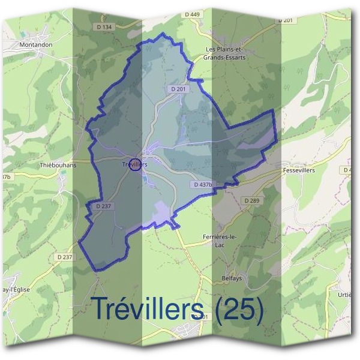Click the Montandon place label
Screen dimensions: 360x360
click(36, 44)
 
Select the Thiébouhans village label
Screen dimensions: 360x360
click(58, 164)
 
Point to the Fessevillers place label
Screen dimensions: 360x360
click(298, 170)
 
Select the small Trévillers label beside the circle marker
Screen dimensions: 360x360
click(134, 164)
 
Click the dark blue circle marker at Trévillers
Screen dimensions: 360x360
click(135, 166)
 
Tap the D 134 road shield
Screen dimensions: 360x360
click(104, 26)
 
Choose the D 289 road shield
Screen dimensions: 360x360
click(252, 200)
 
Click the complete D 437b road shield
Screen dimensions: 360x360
click(204, 185)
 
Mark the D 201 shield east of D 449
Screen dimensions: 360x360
click(286, 20)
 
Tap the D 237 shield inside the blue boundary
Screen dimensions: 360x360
click(104, 206)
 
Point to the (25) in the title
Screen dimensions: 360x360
click(239, 308)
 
